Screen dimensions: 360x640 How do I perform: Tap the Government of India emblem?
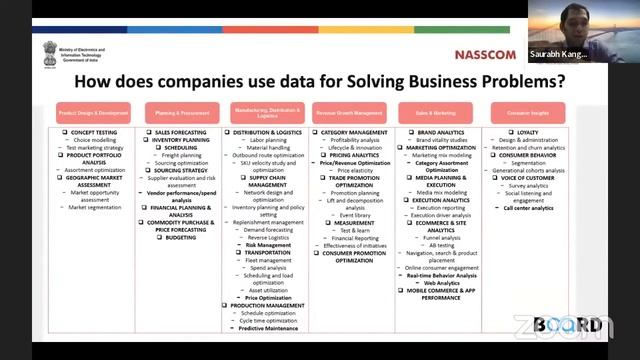coord(51,52)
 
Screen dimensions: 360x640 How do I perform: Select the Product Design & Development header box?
coord(93,113)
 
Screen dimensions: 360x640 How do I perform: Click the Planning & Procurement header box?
coord(180,113)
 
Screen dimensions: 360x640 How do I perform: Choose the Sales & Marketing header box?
coord(435,113)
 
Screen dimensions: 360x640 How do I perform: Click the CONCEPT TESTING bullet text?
coord(95,132)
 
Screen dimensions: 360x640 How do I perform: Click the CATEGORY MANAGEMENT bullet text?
coord(354,132)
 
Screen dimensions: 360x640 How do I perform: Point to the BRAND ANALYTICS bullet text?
coord(439,132)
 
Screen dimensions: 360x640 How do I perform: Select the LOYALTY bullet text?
coord(527,132)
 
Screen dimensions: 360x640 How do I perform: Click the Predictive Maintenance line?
coord(267,328)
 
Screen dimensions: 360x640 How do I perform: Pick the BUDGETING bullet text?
coord(181,237)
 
